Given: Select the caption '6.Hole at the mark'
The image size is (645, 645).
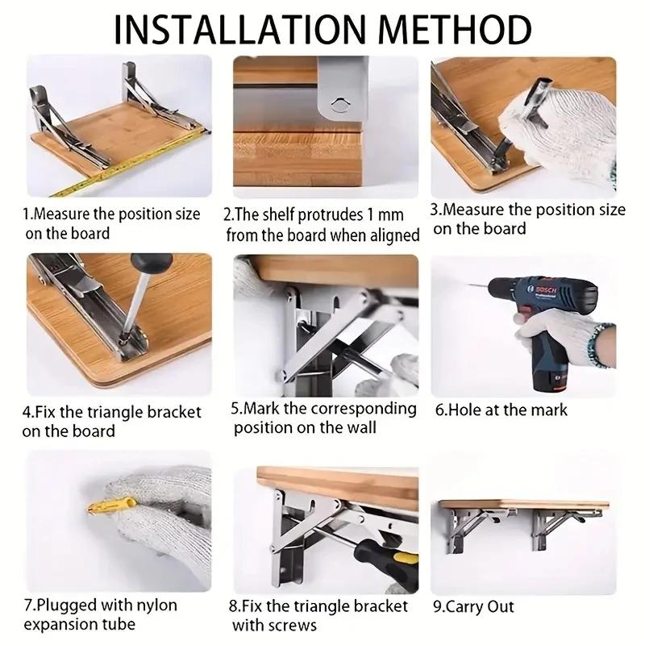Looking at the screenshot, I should (501, 410).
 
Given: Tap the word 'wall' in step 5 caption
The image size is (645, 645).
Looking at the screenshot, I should (360, 427).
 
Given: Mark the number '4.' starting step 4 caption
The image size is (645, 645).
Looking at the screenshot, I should (29, 412).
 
